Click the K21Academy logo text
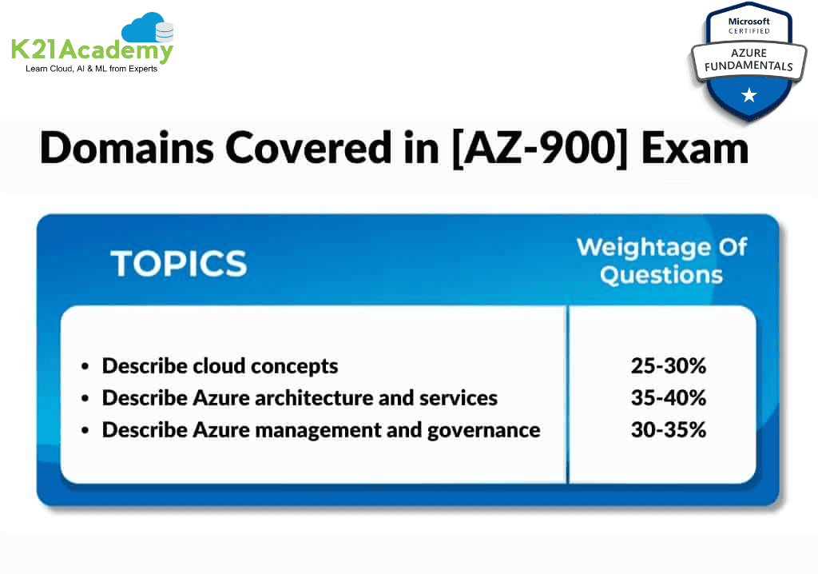coord(92,50)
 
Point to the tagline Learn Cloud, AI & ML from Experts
coord(91,69)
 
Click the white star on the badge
coord(749,95)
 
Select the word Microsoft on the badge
coord(749,22)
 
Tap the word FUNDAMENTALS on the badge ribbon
coord(749,66)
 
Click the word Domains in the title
coord(127,148)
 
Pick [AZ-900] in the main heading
coord(540,149)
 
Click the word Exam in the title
coord(695,149)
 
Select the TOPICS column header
coord(179,263)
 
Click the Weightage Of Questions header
coord(661,261)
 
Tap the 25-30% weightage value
coord(669,365)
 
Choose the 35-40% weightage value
coord(669,398)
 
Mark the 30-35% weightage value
coord(669,430)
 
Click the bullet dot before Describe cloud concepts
coord(85,367)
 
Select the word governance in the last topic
coord(483,431)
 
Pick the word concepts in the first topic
coord(294,367)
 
